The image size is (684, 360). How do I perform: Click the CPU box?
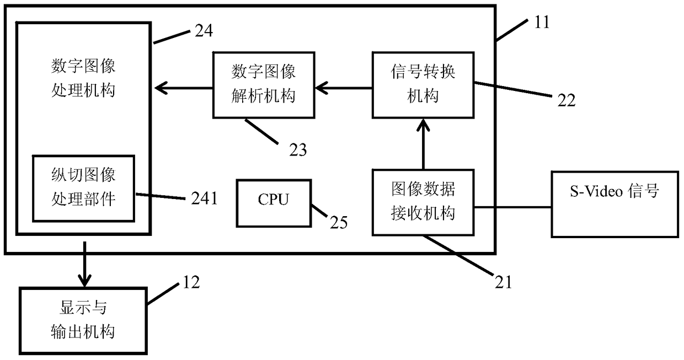tap(274, 203)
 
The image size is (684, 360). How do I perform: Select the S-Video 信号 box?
tap(614, 204)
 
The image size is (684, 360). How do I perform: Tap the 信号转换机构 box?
tap(423, 85)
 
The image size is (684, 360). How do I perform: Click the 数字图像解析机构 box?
tap(264, 85)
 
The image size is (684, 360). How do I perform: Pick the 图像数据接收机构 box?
tap(423, 202)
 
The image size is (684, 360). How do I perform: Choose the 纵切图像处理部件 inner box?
tap(83, 188)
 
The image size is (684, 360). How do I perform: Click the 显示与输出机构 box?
tap(83, 321)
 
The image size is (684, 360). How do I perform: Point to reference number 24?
tap(204, 31)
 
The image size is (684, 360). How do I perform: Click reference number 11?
tap(542, 22)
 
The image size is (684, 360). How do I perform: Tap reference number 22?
tap(567, 100)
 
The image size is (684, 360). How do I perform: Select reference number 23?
tap(298, 150)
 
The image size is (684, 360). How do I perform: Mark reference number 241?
tap(204, 198)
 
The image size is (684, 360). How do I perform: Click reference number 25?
tap(339, 222)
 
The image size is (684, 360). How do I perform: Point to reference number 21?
tap(503, 282)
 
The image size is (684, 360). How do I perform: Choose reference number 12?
tap(191, 282)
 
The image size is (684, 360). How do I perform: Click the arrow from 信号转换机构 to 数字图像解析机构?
tap(344, 88)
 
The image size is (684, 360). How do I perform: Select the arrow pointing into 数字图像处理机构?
tap(184, 88)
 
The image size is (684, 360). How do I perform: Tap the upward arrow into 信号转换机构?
tap(423, 144)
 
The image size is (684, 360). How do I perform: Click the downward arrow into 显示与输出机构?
tap(84, 264)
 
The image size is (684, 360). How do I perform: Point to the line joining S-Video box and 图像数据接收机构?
tap(512, 207)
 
